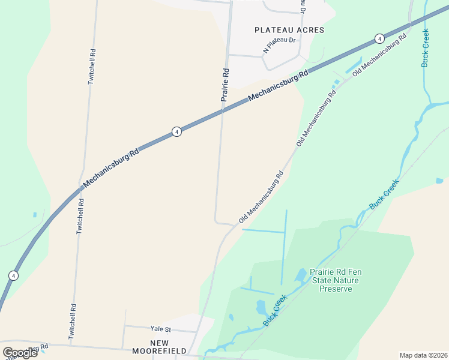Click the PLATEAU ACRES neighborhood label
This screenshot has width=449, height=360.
(x=289, y=30)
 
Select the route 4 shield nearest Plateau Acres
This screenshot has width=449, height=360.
(x=379, y=38)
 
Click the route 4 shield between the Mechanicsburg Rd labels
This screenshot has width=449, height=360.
(x=176, y=131)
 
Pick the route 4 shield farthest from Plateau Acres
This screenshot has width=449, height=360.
(x=13, y=275)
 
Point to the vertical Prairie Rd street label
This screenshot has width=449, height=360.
(x=225, y=85)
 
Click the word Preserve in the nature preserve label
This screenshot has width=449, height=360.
(x=336, y=289)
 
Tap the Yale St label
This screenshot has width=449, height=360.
(x=161, y=329)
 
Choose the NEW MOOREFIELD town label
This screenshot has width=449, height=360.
(x=168, y=347)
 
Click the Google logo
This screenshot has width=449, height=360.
(x=20, y=352)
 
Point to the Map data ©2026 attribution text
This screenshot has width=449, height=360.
(x=423, y=355)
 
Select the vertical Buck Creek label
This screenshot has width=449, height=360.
(x=425, y=47)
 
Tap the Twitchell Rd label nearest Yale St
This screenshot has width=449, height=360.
(x=72, y=322)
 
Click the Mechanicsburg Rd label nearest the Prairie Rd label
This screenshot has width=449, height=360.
(x=278, y=85)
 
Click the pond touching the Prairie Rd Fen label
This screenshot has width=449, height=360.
(x=300, y=275)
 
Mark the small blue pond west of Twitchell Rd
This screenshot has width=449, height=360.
(x=35, y=214)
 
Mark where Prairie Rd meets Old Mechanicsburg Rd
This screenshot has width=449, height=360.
(x=234, y=224)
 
